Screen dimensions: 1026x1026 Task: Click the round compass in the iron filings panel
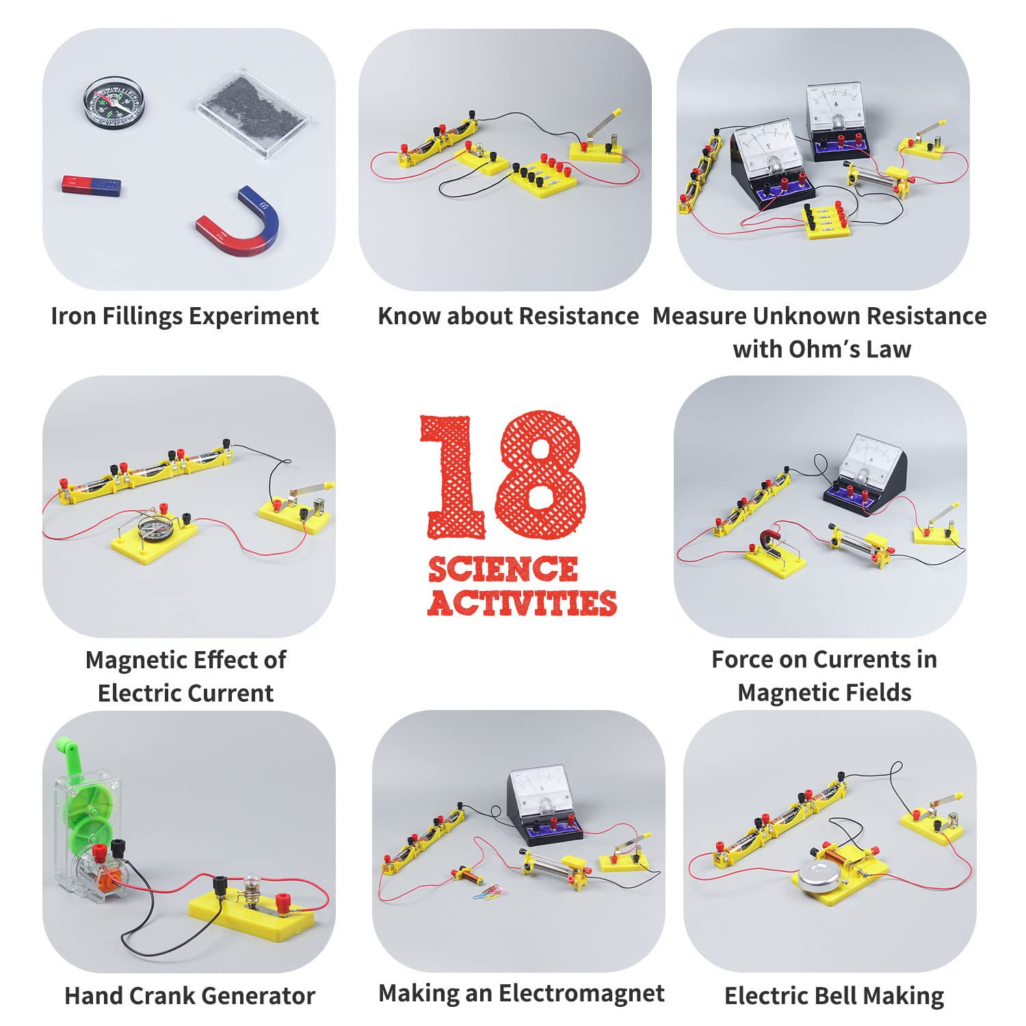114,103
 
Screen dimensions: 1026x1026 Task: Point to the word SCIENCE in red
503,569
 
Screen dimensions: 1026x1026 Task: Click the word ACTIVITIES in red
523,603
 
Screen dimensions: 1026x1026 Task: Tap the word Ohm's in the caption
825,349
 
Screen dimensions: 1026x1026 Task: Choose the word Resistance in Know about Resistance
579,316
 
